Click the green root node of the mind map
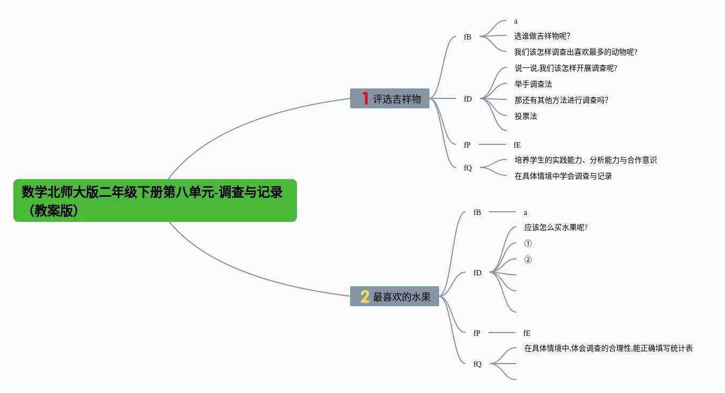155,200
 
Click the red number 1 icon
365,98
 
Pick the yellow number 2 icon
365,296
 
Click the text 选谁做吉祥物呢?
542,36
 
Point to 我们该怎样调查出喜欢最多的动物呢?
576,52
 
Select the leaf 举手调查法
533,84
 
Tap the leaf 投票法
525,116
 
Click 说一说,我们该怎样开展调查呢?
566,68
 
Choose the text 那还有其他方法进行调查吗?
561,100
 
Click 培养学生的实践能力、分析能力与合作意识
585,160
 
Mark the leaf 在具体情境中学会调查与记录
563,176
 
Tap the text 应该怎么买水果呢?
556,228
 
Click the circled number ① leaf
528,244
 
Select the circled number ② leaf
528,260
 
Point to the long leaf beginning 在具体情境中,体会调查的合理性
608,349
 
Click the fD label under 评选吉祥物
468,99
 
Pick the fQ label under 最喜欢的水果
477,364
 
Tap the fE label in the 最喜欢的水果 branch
526,333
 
